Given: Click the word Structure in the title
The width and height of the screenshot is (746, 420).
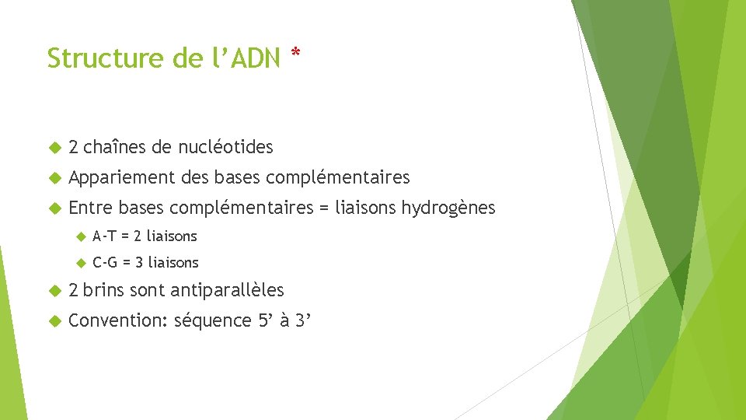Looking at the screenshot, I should pyautogui.click(x=96, y=58).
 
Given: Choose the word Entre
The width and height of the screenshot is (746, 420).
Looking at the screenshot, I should pyautogui.click(x=92, y=208).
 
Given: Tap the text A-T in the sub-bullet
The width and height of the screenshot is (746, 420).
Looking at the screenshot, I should pyautogui.click(x=105, y=236).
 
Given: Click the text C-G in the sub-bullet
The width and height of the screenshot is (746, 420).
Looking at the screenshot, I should pyautogui.click(x=106, y=262).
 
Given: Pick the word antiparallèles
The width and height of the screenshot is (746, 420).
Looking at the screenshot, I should pyautogui.click(x=227, y=291).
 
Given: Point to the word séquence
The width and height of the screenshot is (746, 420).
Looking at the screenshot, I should pyautogui.click(x=213, y=320).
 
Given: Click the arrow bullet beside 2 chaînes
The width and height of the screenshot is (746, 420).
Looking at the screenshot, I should pyautogui.click(x=54, y=147).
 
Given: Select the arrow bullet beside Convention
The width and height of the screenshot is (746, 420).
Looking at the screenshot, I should pyautogui.click(x=54, y=320).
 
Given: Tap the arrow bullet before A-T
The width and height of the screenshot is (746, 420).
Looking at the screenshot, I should pyautogui.click(x=79, y=236).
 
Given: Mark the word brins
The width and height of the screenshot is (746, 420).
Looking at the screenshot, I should pyautogui.click(x=103, y=291).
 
